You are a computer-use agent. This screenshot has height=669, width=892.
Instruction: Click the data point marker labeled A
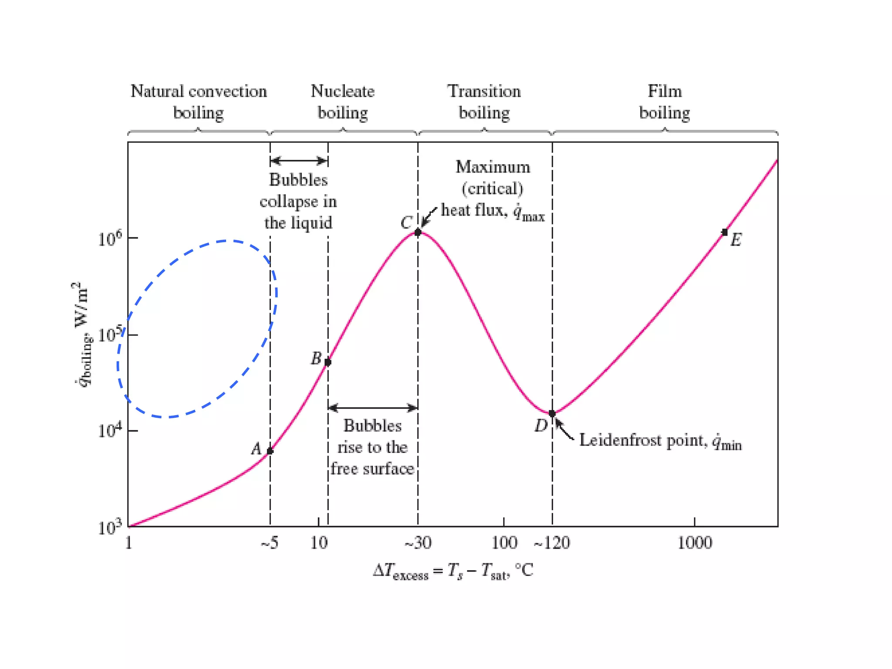(x=270, y=451)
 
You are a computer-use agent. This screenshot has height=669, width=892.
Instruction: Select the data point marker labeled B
(x=328, y=362)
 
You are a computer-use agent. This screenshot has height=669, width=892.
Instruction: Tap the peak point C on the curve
(x=418, y=233)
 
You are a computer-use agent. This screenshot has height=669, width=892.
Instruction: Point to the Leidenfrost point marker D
(x=552, y=413)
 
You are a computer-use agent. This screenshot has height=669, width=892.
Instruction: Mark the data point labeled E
(x=725, y=232)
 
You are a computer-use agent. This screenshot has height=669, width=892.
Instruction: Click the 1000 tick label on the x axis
(x=695, y=543)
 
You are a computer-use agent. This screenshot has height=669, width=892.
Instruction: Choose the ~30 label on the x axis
(x=418, y=543)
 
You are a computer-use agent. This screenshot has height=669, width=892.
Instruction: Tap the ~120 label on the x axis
(x=552, y=543)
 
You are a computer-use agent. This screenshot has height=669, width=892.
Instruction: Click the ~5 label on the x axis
(x=270, y=543)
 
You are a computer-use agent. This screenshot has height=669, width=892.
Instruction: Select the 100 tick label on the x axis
(x=504, y=543)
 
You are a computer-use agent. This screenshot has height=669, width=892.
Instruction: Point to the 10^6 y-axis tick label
(x=110, y=239)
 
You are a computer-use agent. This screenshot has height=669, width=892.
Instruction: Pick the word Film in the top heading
(x=665, y=91)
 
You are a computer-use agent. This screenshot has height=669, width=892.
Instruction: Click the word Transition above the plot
(x=484, y=91)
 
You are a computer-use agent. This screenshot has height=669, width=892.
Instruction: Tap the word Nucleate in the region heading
(x=342, y=91)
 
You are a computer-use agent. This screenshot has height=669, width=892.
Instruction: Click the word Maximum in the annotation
(x=493, y=167)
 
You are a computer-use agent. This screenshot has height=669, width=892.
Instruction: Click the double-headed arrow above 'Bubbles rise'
(x=373, y=408)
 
